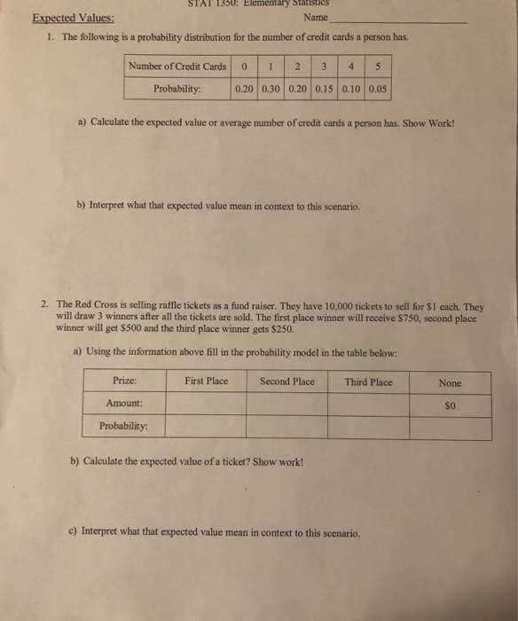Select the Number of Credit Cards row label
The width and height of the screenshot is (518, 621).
click(177, 67)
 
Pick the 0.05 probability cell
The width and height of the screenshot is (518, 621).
click(378, 89)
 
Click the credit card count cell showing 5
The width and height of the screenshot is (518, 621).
click(378, 67)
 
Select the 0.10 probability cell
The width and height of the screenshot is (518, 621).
click(353, 89)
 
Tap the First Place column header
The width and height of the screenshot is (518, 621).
click(206, 381)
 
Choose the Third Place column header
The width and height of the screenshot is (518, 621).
click(368, 381)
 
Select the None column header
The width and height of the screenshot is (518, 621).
click(450, 382)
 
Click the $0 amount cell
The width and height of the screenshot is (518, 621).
click(450, 405)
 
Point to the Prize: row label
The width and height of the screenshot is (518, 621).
click(125, 381)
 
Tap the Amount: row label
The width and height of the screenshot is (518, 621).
click(125, 404)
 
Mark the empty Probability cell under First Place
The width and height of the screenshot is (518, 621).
click(206, 427)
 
